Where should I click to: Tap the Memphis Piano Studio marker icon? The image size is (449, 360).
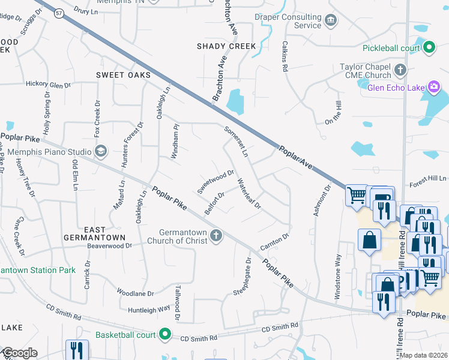100,152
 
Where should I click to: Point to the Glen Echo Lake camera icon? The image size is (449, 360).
434,88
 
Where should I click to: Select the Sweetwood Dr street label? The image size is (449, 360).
215,182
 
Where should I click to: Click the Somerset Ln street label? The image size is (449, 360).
236,142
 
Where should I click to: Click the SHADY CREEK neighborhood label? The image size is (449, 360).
226,46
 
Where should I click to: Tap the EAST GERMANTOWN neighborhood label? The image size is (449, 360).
95,233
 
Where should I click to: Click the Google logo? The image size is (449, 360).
20,353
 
